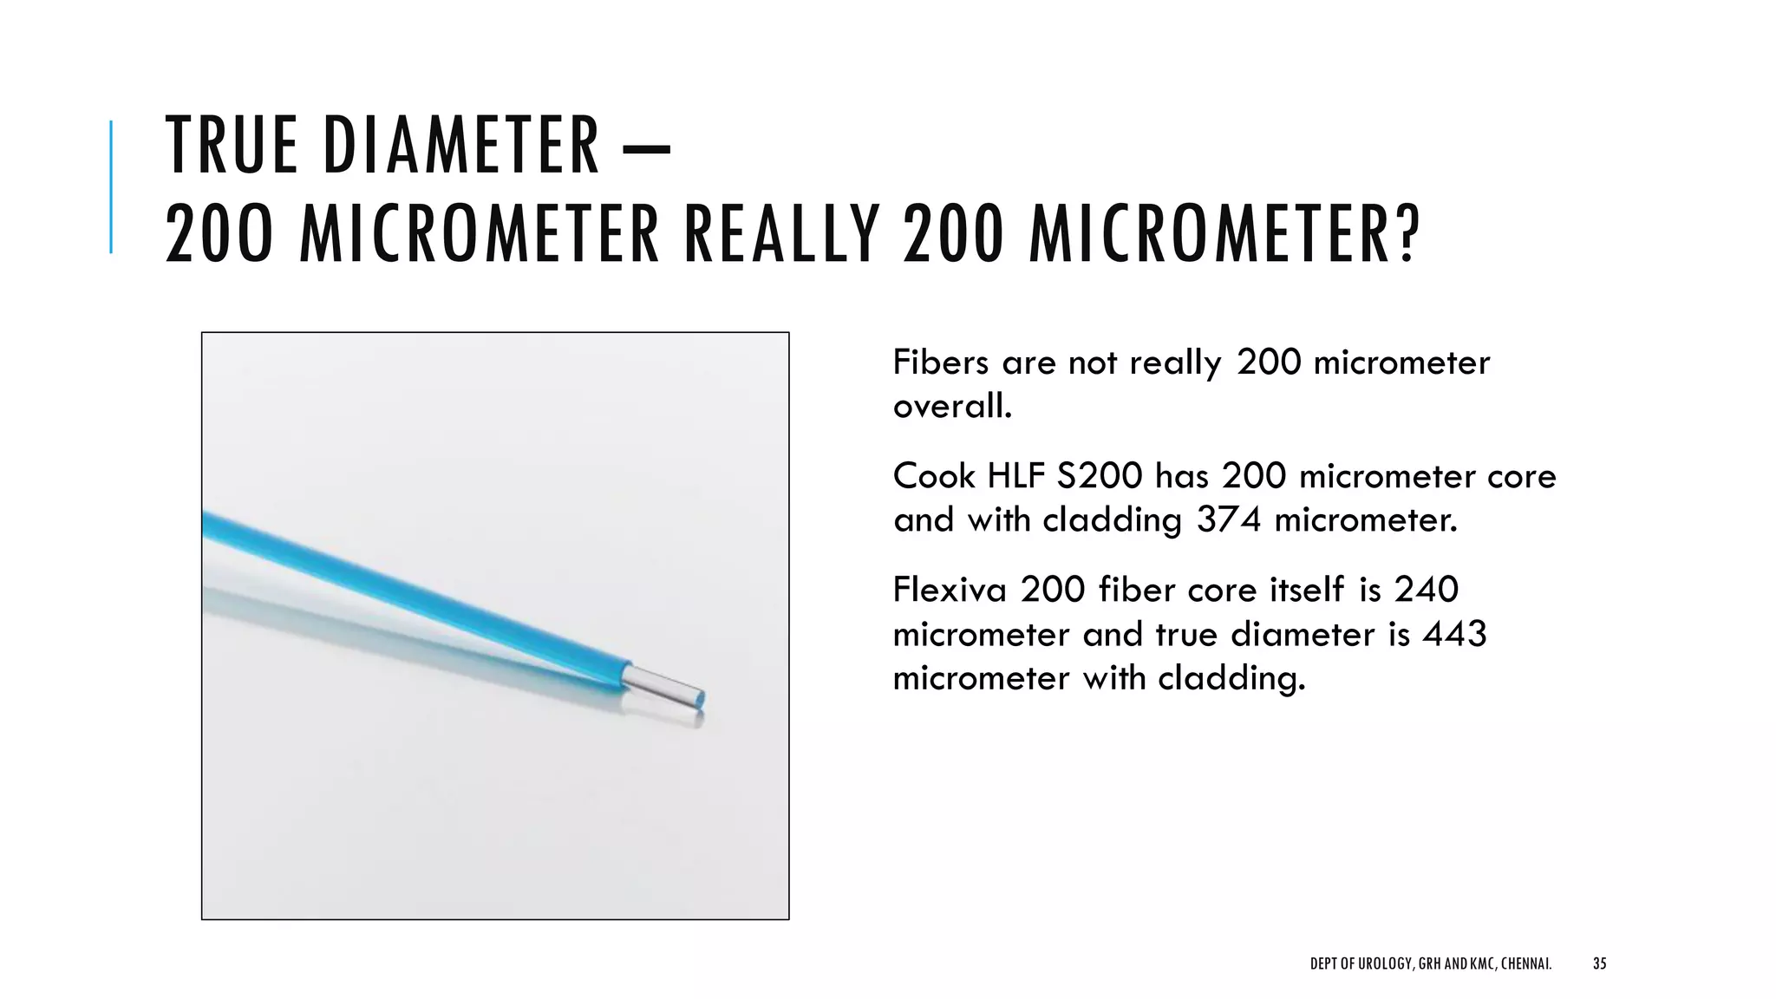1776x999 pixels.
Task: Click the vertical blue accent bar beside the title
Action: coord(111,186)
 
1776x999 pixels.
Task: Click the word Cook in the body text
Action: coord(934,476)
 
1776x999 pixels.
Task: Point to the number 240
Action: coord(1426,590)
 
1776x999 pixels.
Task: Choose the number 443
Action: coord(1454,634)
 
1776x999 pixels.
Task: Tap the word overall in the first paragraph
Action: coord(951,406)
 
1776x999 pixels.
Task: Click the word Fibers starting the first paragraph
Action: coord(941,362)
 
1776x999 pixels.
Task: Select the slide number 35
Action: coord(1600,963)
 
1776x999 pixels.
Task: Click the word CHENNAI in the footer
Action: coord(1524,963)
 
